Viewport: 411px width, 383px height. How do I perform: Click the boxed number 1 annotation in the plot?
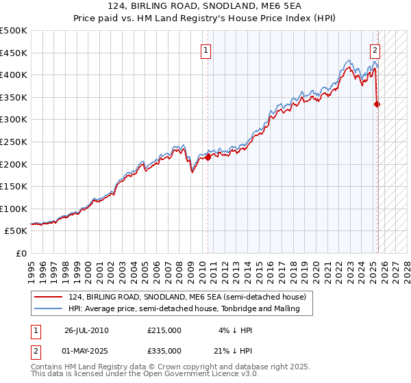pyautogui.click(x=206, y=49)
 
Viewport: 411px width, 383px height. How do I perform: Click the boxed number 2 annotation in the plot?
pyautogui.click(x=375, y=49)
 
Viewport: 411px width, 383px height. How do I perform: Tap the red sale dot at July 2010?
pyautogui.click(x=208, y=157)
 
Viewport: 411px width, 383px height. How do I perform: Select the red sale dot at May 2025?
pyautogui.click(x=377, y=104)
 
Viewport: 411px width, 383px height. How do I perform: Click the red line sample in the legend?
pyautogui.click(x=49, y=296)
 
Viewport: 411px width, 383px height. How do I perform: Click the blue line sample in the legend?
pyautogui.click(x=49, y=308)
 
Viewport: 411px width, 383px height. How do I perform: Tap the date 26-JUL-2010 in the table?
pyautogui.click(x=86, y=330)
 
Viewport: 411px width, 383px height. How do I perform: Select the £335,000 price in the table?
pyautogui.click(x=164, y=351)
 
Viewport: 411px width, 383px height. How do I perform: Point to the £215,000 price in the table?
pyautogui.click(x=164, y=330)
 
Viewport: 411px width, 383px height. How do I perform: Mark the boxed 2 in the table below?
pyautogui.click(x=34, y=351)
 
